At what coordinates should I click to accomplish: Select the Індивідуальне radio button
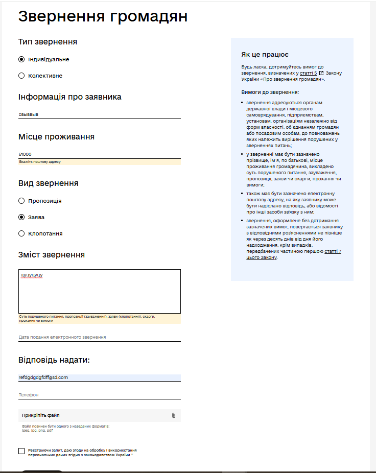[21, 59]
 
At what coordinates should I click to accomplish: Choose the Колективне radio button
[21, 76]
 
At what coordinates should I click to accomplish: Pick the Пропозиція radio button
[21, 201]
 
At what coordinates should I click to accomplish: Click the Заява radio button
[21, 217]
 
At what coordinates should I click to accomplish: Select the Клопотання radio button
[21, 233]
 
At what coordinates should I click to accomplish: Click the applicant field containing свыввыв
[99, 114]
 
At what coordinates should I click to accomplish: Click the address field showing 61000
[99, 154]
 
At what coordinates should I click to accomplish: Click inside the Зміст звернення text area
[99, 291]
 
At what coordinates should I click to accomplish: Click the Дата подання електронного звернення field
[99, 337]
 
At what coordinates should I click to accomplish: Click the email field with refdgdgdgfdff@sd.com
[99, 377]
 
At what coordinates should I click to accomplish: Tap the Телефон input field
[99, 395]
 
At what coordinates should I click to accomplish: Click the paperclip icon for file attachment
[174, 415]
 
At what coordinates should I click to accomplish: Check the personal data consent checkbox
[21, 451]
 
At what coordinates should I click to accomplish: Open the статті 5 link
[309, 73]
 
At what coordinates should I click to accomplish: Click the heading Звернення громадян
[103, 16]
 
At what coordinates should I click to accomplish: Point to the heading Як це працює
[265, 55]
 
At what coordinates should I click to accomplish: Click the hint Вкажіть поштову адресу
[40, 162]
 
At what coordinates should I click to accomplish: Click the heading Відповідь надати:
[54, 360]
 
